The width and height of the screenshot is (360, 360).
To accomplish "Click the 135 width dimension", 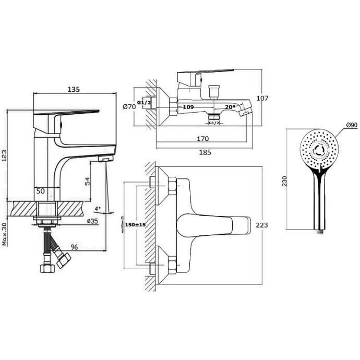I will click(x=73, y=89).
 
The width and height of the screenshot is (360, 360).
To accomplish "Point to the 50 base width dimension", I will click(x=42, y=191).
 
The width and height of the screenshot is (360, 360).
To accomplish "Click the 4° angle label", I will click(x=98, y=209).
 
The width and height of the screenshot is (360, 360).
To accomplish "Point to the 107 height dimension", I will click(x=262, y=98).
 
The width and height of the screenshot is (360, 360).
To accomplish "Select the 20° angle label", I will click(x=230, y=107).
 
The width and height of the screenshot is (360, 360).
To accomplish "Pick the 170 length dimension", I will click(x=202, y=139).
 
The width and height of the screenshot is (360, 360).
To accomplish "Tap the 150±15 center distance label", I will click(x=135, y=225).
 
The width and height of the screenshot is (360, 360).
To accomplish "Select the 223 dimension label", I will click(x=262, y=225).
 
